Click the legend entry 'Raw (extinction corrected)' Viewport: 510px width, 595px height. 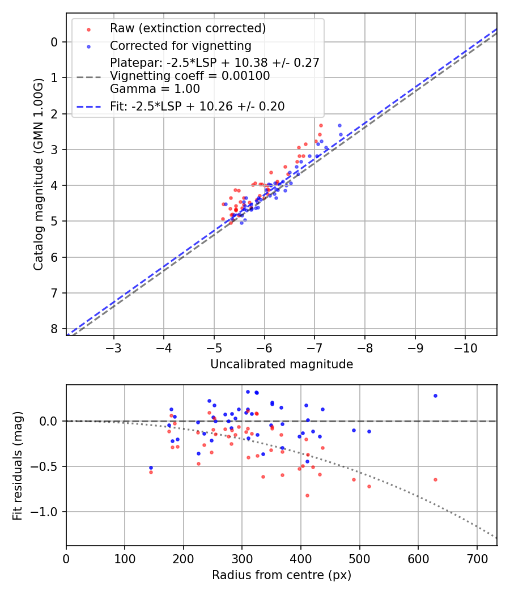(188, 28)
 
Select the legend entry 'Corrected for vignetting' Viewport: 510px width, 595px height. (180, 45)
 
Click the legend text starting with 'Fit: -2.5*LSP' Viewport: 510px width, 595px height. (197, 106)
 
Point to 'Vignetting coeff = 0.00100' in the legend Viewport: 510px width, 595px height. (190, 76)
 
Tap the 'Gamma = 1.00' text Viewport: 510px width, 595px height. (155, 89)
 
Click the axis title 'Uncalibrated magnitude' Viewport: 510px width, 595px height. (282, 364)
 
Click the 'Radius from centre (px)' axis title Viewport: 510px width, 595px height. (282, 575)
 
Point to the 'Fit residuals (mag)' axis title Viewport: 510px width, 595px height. (18, 466)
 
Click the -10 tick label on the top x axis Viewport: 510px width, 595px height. (465, 347)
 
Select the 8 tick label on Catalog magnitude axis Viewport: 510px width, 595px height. (54, 329)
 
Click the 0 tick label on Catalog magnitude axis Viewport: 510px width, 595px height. (54, 42)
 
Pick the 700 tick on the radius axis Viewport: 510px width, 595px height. (477, 558)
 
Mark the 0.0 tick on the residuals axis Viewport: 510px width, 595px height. (50, 421)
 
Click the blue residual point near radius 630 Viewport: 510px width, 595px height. (435, 396)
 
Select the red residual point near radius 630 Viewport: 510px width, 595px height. (435, 479)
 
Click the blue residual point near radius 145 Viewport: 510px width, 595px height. (151, 467)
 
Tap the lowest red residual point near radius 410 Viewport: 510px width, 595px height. (307, 495)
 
